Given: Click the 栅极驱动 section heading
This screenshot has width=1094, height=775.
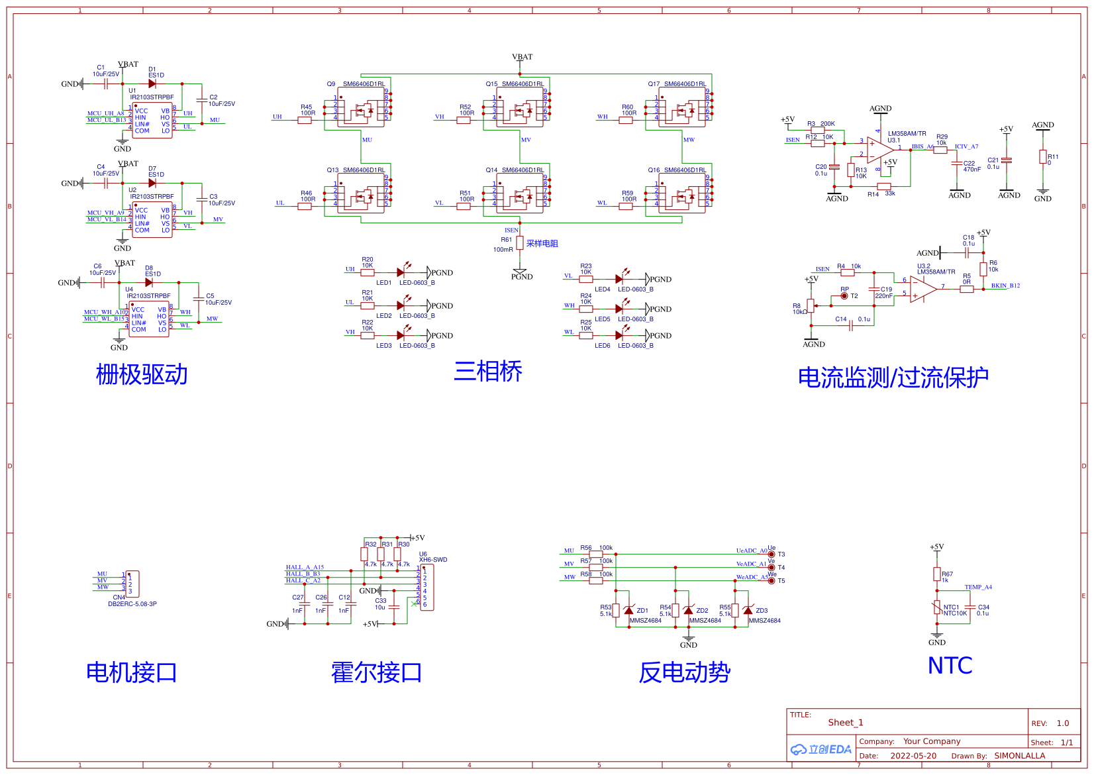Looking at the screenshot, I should (142, 375).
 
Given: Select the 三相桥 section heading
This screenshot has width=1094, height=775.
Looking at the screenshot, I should (488, 372).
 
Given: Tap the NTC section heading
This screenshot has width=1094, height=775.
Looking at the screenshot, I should (950, 666).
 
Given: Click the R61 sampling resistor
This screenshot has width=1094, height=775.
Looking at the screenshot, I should (520, 243).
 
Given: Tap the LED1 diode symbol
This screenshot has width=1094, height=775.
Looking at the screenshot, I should (401, 272).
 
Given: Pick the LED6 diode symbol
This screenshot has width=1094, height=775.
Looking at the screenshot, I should (619, 335).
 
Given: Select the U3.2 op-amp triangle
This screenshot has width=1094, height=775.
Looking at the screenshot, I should (922, 289).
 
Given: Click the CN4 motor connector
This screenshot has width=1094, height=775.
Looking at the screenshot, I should (132, 584).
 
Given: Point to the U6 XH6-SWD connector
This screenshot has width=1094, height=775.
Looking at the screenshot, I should (427, 587).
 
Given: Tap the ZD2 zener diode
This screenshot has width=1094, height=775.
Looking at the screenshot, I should (688, 611).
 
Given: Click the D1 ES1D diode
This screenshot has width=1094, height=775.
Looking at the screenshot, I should (152, 84).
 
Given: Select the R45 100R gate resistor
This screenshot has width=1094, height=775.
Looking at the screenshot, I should (305, 120).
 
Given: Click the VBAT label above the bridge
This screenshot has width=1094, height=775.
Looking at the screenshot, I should (522, 57).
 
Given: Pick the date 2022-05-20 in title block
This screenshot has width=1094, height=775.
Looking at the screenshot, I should (913, 756).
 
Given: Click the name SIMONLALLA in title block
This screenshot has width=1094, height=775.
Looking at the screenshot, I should (1019, 756).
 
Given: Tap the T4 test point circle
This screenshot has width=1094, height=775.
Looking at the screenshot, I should (771, 568).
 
